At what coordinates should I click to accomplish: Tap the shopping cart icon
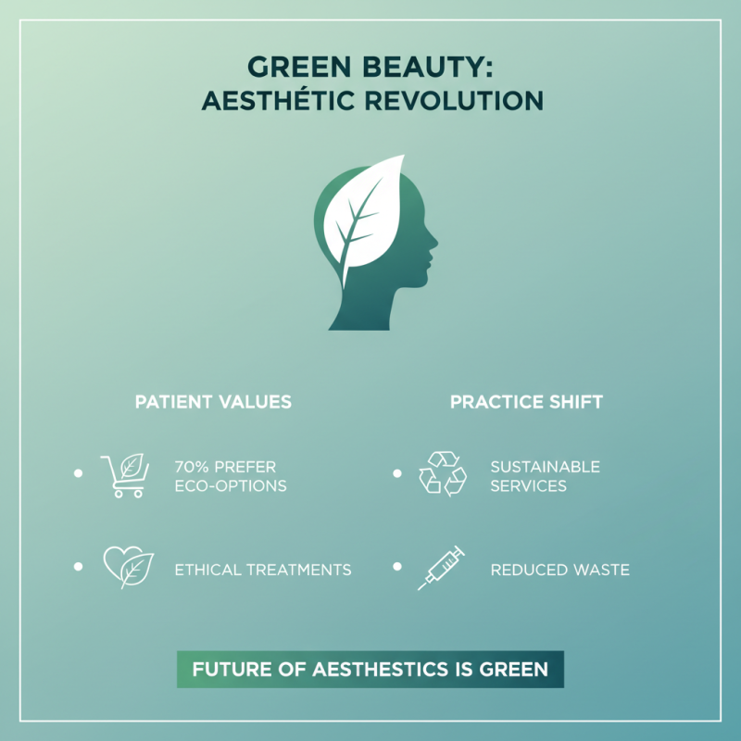(124, 475)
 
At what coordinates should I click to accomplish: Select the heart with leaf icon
(126, 567)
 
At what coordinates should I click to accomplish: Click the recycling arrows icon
(442, 472)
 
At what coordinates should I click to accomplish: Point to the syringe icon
(440, 568)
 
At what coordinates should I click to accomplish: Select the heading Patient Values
(213, 402)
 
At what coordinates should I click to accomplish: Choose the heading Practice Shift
(526, 402)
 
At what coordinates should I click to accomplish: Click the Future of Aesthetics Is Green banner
(370, 669)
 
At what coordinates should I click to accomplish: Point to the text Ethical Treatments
(262, 570)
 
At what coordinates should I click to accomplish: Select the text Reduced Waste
(559, 570)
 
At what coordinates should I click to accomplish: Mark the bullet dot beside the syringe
(396, 566)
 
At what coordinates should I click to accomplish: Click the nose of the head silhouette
(433, 245)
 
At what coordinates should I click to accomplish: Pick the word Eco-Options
(230, 486)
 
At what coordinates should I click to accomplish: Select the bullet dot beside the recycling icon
(396, 473)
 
